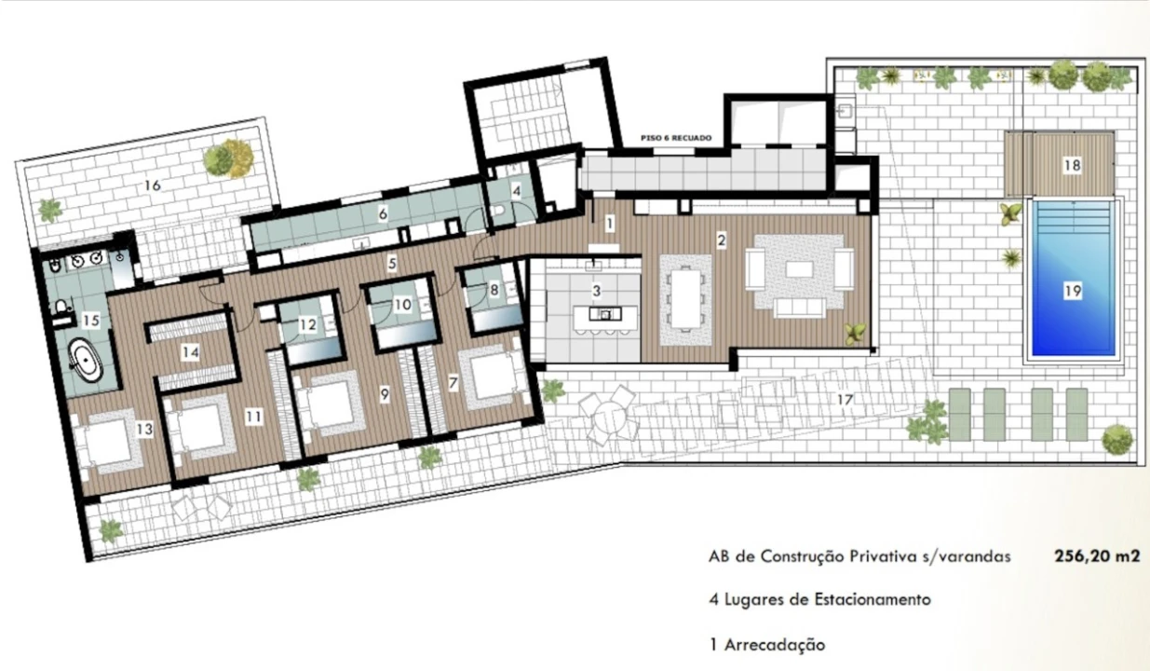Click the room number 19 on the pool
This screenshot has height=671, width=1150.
click(x=1073, y=292)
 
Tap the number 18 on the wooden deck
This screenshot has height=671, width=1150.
click(x=1072, y=166)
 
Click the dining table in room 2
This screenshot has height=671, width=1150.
click(x=685, y=299)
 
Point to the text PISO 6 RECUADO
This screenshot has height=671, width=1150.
click(x=676, y=138)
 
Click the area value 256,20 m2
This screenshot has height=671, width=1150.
click(x=1097, y=556)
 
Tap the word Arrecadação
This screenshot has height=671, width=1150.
click(x=775, y=645)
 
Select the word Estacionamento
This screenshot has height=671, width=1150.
click(x=860, y=599)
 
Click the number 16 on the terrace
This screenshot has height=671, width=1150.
click(x=153, y=185)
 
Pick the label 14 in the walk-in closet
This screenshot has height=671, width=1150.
click(x=190, y=352)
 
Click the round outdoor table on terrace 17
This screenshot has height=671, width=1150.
click(x=608, y=415)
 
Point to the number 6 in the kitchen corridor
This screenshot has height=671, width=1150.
click(x=383, y=213)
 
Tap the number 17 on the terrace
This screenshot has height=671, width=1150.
click(x=846, y=399)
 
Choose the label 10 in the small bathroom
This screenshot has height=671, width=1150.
click(x=403, y=305)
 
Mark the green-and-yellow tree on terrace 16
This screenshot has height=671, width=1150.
click(x=228, y=157)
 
